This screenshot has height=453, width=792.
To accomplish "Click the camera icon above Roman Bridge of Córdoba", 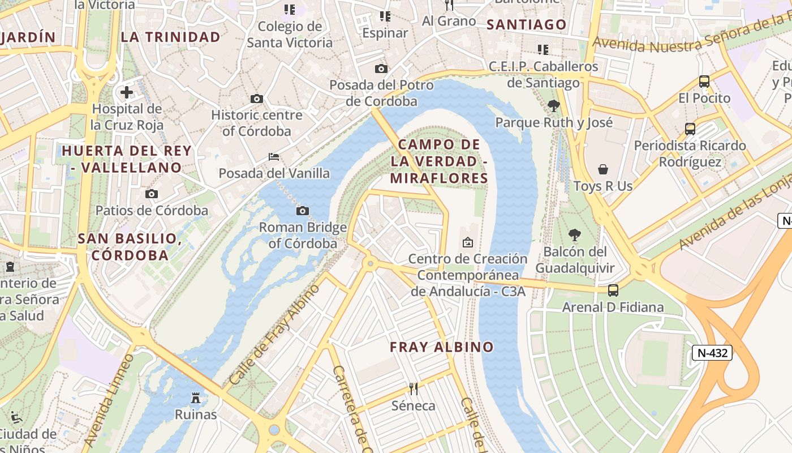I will (x=303, y=211).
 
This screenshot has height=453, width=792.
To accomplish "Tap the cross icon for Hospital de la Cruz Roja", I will (x=127, y=92).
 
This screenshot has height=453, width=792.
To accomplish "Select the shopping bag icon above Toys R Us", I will (x=603, y=169).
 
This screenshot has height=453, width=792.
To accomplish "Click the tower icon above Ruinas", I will (x=196, y=398).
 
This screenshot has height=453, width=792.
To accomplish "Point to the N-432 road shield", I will (x=712, y=353).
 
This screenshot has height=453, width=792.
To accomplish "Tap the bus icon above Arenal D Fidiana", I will (x=613, y=290).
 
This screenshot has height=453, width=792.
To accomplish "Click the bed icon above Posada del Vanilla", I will (x=274, y=156).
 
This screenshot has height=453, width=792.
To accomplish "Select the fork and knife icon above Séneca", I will (x=414, y=388).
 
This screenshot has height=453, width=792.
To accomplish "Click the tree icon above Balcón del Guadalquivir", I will (x=575, y=235).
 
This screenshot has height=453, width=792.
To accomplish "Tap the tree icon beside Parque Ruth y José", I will (x=554, y=105).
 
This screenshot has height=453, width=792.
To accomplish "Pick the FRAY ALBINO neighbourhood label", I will (x=442, y=347).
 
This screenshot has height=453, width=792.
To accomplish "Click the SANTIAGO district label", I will (x=526, y=24).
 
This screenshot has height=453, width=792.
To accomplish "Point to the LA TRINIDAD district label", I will (x=170, y=37).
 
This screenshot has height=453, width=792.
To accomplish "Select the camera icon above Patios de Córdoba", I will (x=152, y=194).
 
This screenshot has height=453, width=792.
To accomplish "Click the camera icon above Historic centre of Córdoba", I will (x=257, y=99).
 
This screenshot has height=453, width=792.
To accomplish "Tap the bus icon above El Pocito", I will (x=704, y=82).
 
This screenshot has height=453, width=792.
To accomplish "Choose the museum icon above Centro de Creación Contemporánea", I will (x=468, y=242).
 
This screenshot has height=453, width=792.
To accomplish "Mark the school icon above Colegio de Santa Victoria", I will (x=290, y=10).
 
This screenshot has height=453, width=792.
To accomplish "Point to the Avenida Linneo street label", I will (x=109, y=400).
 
